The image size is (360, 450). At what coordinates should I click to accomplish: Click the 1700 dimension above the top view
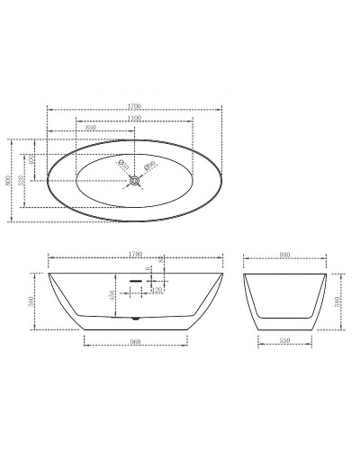click(135, 107)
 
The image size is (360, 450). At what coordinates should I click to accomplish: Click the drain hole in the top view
click(135, 180)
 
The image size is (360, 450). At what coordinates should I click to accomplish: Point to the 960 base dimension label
click(137, 341)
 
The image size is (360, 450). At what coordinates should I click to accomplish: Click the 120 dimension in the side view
click(157, 291)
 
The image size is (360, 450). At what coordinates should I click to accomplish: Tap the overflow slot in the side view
click(136, 280)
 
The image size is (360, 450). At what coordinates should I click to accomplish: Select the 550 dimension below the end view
click(285, 341)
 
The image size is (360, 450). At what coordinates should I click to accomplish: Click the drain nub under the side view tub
click(135, 318)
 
